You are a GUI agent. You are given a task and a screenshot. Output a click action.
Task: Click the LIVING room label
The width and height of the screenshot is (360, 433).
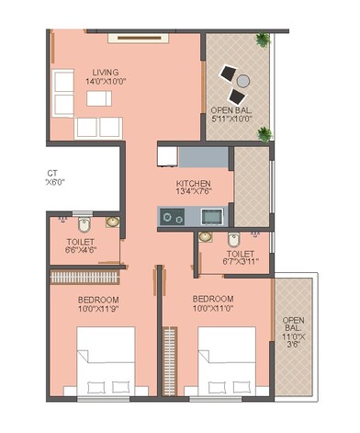pyautogui.click(x=106, y=72)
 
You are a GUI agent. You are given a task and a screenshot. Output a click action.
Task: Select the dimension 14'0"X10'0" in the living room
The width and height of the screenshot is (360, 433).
pyautogui.click(x=106, y=83)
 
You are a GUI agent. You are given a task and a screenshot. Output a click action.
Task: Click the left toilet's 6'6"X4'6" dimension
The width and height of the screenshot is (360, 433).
pyautogui.click(x=81, y=248)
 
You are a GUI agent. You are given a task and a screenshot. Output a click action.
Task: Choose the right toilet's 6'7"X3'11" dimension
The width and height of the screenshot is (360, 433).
pyautogui.click(x=241, y=262)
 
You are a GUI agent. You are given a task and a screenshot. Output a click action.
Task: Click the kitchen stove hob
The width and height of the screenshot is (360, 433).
pyautogui.click(x=172, y=216)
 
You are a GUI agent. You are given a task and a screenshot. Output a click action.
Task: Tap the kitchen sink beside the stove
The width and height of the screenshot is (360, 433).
pyautogui.click(x=212, y=216)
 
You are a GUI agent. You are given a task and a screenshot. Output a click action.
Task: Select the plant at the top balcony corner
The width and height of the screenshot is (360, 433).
pyautogui.click(x=264, y=40)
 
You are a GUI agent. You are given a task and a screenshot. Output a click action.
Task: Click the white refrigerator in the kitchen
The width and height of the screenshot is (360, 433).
pyautogui.click(x=167, y=156)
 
